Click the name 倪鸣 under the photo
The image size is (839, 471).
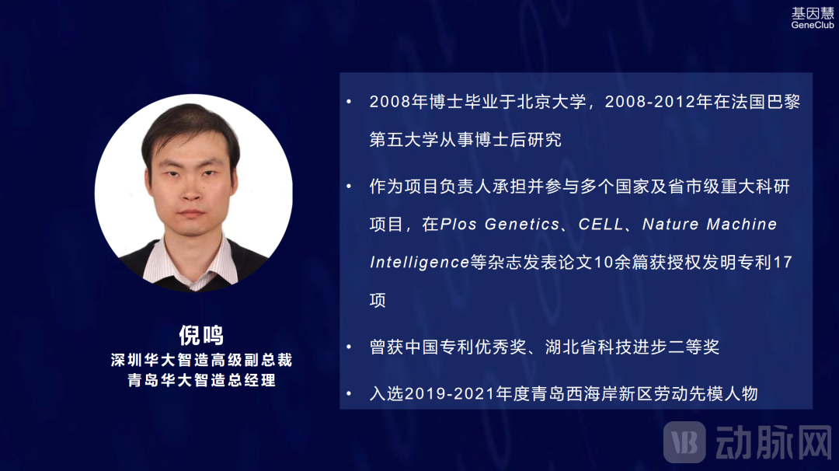coord(201,335)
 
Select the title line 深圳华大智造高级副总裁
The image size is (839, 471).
coord(201,361)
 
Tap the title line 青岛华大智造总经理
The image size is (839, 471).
coord(201,381)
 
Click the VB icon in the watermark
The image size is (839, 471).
coord(684,443)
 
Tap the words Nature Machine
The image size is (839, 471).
coord(709,225)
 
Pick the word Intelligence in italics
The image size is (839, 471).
coord(419,263)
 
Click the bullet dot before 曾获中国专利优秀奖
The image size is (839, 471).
coord(349,347)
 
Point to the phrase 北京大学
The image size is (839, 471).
coord(552,103)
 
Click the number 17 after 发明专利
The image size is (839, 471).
coord(783,263)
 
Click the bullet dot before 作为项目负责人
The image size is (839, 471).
coord(349,187)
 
